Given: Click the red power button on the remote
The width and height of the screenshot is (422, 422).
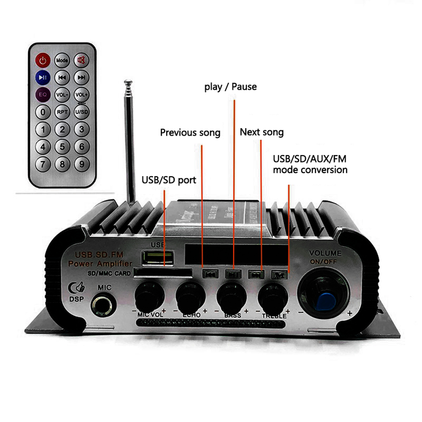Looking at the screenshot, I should (42, 61).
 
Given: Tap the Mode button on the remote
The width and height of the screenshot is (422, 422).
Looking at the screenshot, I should (62, 61).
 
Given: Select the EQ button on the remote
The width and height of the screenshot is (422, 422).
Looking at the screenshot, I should (42, 94).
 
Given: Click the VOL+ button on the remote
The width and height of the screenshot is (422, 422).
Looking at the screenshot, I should (81, 94).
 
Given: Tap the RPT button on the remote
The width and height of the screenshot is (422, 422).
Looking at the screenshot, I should (62, 112).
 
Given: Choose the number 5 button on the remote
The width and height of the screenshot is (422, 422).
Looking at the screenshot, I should (62, 147).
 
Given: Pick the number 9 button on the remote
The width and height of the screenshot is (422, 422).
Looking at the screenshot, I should (81, 163).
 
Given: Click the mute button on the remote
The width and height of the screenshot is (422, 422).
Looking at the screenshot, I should (81, 61).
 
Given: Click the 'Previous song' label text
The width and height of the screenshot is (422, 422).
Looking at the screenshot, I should (190, 133).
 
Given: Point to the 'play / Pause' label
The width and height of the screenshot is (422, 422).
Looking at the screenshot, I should (230, 87).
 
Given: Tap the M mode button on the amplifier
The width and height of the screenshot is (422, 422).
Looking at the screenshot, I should (278, 274).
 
